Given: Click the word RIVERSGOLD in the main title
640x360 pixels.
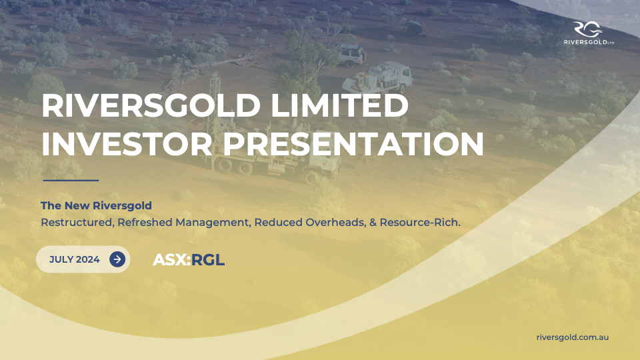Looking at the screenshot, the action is [151, 105].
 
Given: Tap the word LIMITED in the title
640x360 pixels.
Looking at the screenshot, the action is [339, 105].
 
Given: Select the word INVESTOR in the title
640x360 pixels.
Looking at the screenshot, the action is [127, 144].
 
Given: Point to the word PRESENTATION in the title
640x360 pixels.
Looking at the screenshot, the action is [353, 144].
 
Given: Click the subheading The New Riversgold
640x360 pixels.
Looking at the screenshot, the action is [96, 205].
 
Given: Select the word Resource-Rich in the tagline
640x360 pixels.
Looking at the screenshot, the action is [420, 223].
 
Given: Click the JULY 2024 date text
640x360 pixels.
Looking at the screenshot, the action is [74, 259].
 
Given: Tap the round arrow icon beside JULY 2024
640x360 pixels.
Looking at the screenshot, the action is [117, 259].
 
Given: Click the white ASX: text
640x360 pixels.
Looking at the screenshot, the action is [172, 259].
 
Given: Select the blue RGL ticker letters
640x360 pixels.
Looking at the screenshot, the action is [208, 259].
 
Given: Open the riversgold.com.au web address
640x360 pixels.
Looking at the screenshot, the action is [573, 337].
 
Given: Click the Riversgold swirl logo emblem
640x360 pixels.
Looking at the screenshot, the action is [588, 29].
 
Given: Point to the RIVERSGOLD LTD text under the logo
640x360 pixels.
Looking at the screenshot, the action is [589, 42].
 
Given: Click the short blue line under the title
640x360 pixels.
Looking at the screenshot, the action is [71, 180].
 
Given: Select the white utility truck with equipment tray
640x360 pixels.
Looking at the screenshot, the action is [377, 77].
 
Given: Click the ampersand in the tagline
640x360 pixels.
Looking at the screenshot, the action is [373, 223].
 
